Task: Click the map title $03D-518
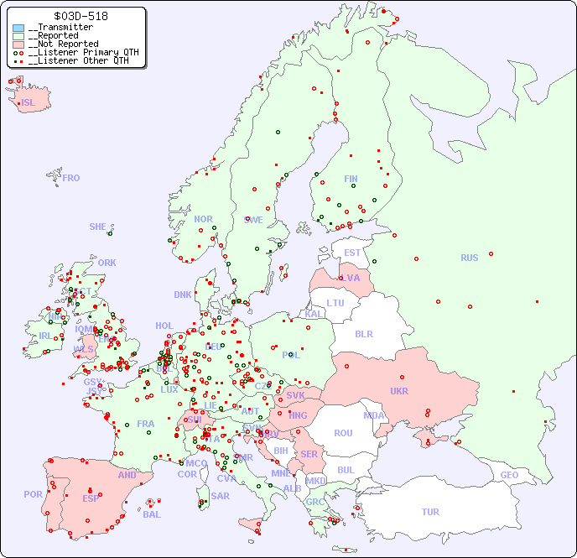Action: (81, 16)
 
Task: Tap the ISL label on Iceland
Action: (29, 103)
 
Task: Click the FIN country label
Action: (351, 179)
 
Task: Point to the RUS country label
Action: (469, 258)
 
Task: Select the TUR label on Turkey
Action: (430, 512)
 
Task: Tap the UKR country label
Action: (398, 391)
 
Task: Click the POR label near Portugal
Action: (33, 494)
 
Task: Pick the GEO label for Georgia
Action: (509, 475)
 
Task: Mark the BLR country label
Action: (363, 333)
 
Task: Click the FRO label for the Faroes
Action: (71, 178)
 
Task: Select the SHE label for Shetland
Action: (98, 227)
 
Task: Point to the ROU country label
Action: (343, 433)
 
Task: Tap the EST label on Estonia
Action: (352, 253)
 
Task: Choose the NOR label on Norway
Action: (203, 219)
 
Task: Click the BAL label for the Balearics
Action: (151, 514)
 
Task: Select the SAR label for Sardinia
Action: (221, 496)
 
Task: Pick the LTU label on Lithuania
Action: (335, 303)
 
